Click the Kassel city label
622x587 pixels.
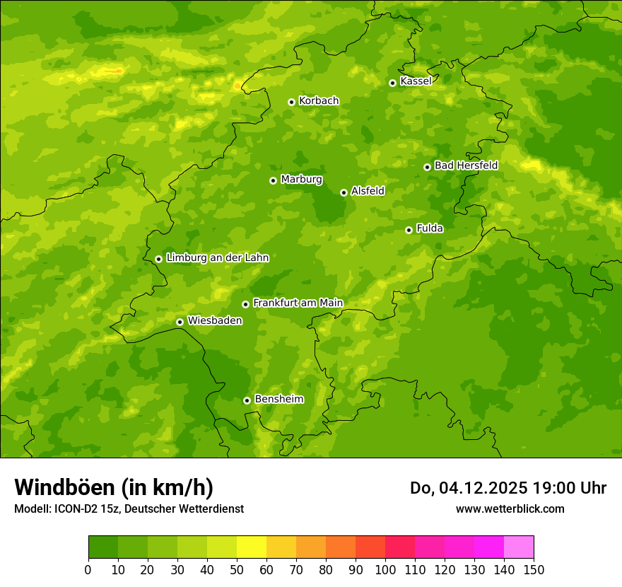416,81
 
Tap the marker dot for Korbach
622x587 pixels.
291,102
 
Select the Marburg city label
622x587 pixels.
301,180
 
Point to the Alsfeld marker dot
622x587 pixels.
344,192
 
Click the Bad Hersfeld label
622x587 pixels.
466,165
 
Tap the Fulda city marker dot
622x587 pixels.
409,230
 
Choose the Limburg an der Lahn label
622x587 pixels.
217,258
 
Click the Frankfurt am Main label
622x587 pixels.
298,303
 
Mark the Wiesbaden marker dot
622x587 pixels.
180,322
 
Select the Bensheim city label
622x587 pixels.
278,400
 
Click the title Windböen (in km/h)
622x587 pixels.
114,488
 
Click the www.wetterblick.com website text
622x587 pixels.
510,508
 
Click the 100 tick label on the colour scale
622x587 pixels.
385,569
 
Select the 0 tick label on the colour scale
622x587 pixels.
88,569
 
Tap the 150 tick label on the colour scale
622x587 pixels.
534,569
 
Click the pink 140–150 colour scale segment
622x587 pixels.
519,547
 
